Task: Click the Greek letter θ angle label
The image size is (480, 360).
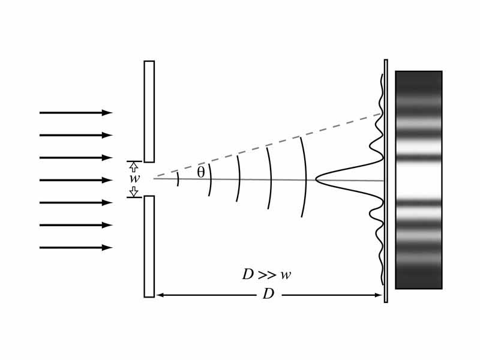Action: pos(201,172)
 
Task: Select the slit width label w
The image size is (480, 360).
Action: pos(134,179)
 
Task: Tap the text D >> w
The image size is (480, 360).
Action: pos(266,275)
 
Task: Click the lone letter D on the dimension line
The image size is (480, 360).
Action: pos(268,295)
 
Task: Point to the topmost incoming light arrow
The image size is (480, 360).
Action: pos(76,113)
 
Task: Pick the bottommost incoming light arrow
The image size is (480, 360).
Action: pos(76,247)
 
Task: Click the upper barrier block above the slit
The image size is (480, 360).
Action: pos(149,111)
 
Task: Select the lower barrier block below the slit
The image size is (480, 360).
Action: pos(149,246)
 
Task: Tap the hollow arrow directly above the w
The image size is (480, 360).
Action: pos(134,167)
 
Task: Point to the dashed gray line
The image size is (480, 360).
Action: pos(270,146)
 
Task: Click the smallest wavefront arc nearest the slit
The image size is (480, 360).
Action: pos(178,179)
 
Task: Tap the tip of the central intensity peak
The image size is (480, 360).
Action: pos(317,178)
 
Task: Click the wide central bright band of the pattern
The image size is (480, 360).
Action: pos(418,179)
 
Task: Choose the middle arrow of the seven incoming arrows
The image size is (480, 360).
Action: pos(76,180)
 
